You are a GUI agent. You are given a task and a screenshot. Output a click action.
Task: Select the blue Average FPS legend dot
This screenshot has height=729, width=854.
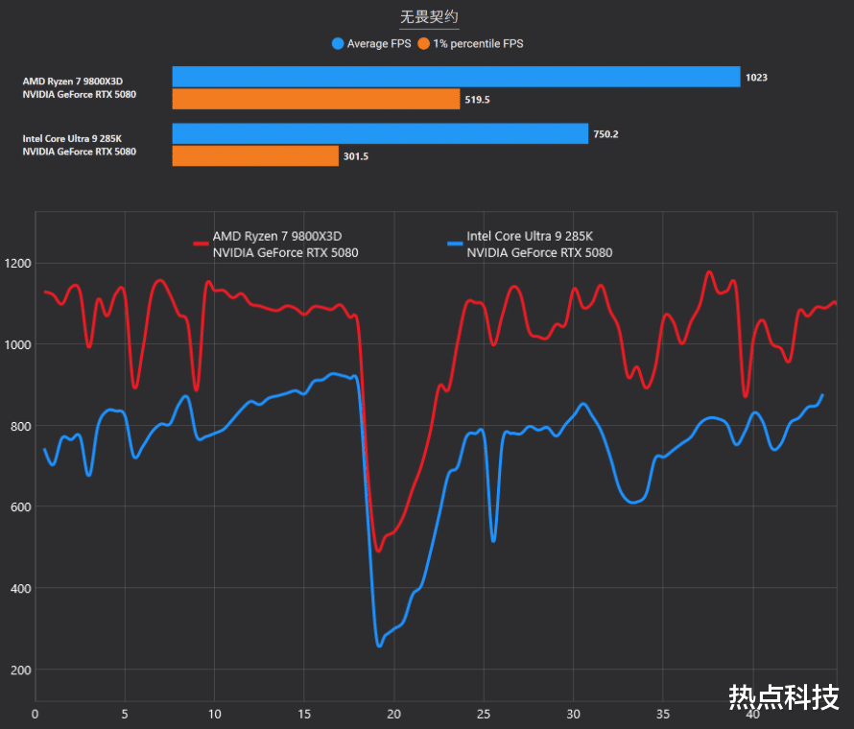(337, 43)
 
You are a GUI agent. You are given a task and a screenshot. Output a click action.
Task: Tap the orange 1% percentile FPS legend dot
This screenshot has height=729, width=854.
(424, 43)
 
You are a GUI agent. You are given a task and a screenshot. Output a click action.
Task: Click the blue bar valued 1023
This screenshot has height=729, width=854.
(456, 77)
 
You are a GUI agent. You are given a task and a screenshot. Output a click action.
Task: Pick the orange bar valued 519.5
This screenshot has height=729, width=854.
(316, 99)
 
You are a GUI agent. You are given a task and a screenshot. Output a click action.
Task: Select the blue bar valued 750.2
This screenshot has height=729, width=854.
(380, 134)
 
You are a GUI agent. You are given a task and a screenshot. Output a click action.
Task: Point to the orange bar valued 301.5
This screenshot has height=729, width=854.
(255, 155)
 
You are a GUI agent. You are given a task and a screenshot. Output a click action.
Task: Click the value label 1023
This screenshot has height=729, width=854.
(756, 77)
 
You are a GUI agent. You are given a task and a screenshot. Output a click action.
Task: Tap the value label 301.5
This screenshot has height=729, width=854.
(356, 155)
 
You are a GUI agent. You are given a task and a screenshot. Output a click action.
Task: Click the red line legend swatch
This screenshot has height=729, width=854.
(201, 244)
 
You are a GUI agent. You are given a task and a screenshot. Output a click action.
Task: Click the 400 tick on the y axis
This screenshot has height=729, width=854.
(19, 588)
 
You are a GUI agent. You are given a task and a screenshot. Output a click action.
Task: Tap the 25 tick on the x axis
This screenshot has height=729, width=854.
(484, 714)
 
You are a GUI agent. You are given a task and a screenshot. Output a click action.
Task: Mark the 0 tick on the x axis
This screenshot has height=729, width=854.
(35, 714)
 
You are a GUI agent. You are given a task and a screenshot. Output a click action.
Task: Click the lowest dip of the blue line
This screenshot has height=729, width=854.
(379, 646)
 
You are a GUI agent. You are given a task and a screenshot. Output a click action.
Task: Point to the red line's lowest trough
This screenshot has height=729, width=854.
(378, 551)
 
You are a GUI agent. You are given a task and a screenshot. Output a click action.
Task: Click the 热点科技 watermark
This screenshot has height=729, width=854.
(784, 695)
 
